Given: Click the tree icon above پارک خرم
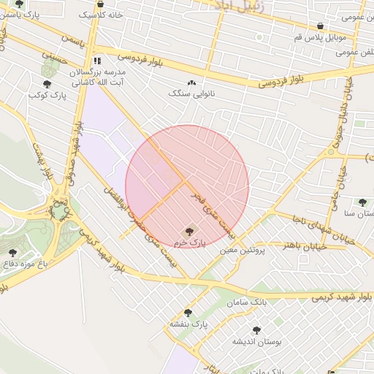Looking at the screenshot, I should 191,231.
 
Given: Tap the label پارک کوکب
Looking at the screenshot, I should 47,95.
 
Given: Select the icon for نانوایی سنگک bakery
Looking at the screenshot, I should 192,83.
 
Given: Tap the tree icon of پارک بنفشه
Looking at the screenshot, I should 188,313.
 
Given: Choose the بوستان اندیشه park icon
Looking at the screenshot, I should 256,330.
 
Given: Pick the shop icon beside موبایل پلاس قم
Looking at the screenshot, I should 320,26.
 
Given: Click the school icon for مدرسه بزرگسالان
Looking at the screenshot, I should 97,61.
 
